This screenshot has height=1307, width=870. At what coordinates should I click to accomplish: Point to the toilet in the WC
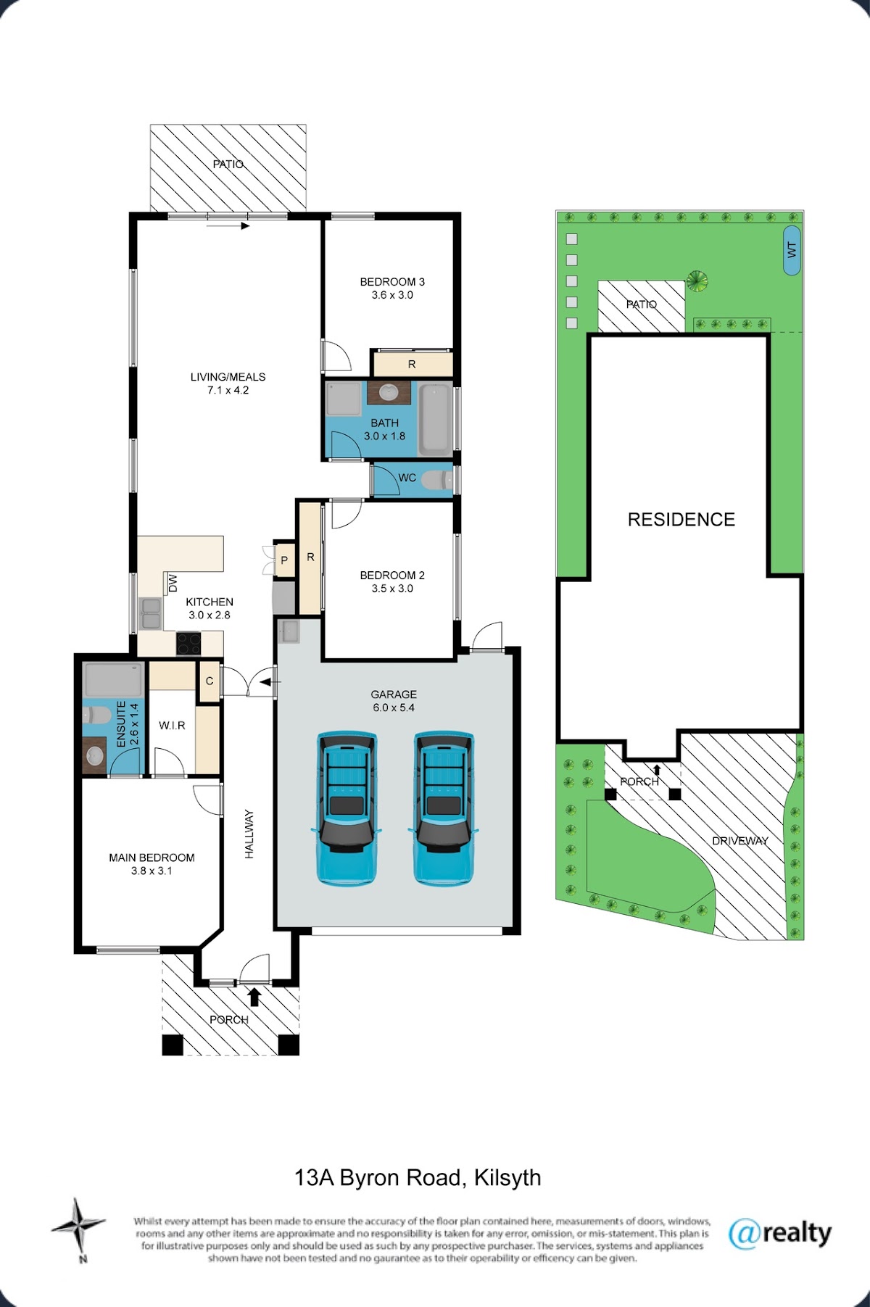(437, 479)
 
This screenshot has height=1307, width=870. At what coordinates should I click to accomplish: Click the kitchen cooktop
(188, 643)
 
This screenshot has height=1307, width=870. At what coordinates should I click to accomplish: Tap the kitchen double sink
(151, 614)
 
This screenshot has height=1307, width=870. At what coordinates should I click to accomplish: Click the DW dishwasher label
(173, 583)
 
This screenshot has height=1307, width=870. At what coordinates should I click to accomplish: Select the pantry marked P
(284, 560)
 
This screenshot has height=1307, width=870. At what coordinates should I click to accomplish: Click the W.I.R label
(172, 725)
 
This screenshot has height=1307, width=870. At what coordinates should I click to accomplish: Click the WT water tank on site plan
(792, 250)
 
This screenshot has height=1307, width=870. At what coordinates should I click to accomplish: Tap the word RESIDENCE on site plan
(681, 520)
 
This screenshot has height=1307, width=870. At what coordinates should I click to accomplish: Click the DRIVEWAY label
(739, 841)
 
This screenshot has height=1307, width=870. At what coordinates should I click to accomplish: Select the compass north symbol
(78, 1226)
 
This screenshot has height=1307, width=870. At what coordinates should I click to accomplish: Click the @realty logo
(779, 1233)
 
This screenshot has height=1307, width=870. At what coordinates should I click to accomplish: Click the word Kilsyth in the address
(507, 1178)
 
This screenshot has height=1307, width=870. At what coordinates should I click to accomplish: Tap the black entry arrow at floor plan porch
(254, 997)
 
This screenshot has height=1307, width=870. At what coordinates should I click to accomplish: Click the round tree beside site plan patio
(697, 281)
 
